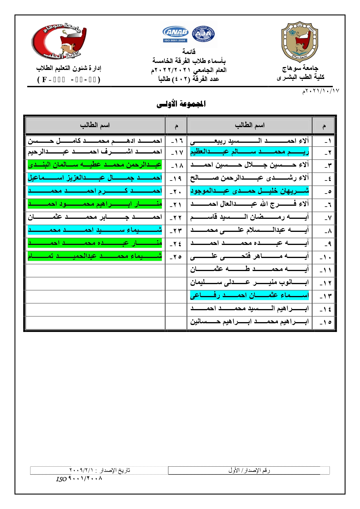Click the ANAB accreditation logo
(x=176, y=34)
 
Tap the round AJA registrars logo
(x=203, y=34)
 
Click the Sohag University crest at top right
(x=300, y=41)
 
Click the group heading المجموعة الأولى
(x=181, y=104)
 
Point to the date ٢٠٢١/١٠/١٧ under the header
(x=321, y=91)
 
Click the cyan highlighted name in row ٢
(x=249, y=152)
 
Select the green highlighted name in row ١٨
(x=95, y=165)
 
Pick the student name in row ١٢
(x=249, y=282)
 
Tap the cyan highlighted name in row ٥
(x=249, y=191)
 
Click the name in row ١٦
(x=95, y=141)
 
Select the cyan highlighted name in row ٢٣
(x=95, y=230)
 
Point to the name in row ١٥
(x=249, y=322)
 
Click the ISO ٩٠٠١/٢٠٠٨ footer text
(x=79, y=479)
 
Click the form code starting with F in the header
(x=69, y=80)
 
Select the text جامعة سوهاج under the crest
(x=300, y=68)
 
